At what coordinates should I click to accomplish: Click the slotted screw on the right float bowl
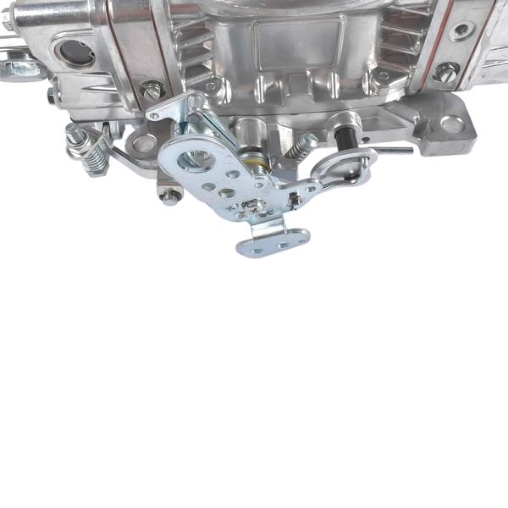[x=446, y=74]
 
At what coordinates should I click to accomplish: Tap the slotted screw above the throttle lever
[x=153, y=88]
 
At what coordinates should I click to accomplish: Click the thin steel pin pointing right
[x=393, y=151]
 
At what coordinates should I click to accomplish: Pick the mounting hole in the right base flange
[x=452, y=124]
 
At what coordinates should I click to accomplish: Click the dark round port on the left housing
[x=76, y=53]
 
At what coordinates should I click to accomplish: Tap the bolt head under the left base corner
[x=170, y=196]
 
